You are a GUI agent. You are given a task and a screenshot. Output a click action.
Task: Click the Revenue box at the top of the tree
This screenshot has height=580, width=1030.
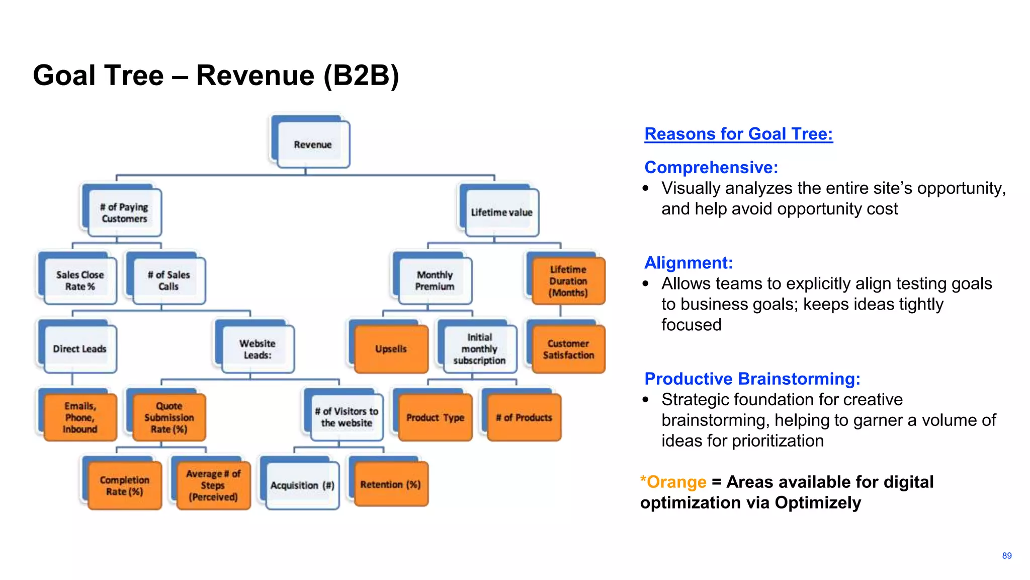pyautogui.click(x=313, y=144)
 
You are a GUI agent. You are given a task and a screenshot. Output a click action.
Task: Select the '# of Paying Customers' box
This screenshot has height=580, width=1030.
pyautogui.click(x=124, y=213)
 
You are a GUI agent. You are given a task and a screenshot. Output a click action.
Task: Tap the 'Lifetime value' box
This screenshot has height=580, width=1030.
pyautogui.click(x=501, y=212)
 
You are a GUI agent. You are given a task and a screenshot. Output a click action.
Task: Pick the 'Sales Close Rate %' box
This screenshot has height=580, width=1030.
pyautogui.click(x=80, y=280)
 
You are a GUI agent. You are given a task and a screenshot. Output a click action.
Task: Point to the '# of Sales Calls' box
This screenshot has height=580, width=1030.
pyautogui.click(x=169, y=280)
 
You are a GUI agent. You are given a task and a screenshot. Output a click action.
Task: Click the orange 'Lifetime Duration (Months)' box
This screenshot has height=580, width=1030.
pyautogui.click(x=568, y=281)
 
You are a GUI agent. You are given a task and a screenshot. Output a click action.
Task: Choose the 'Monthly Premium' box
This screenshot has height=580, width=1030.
pyautogui.click(x=435, y=280)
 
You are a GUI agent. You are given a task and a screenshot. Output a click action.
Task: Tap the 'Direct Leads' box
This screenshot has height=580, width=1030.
pyautogui.click(x=80, y=349)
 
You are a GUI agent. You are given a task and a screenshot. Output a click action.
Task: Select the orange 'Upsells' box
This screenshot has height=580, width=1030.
pyautogui.click(x=391, y=349)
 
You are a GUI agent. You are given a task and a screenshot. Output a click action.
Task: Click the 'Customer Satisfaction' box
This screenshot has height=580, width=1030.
pyautogui.click(x=568, y=349)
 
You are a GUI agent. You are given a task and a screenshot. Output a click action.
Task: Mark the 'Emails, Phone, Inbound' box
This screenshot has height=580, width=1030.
pyautogui.click(x=80, y=417)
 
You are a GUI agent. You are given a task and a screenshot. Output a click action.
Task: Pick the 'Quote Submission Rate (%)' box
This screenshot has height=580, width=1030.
pyautogui.click(x=169, y=417)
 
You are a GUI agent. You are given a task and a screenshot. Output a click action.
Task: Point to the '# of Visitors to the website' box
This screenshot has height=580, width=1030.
pyautogui.click(x=347, y=417)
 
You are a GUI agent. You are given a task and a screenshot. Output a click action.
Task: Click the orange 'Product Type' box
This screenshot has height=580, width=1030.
pyautogui.click(x=436, y=417)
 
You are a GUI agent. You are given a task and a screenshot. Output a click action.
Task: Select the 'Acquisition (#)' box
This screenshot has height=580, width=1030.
pyautogui.click(x=302, y=485)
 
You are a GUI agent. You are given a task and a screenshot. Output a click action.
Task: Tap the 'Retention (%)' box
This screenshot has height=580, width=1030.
pyautogui.click(x=391, y=484)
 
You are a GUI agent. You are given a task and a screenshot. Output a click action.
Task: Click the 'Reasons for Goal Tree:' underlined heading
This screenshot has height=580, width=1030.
pyautogui.click(x=738, y=134)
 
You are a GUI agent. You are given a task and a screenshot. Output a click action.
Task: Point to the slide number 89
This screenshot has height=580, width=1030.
pyautogui.click(x=1006, y=556)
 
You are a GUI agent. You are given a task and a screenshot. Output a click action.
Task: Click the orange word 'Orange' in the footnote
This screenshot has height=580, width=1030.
pyautogui.click(x=676, y=482)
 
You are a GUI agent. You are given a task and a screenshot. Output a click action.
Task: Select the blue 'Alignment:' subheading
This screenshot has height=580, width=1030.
pyautogui.click(x=688, y=263)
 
